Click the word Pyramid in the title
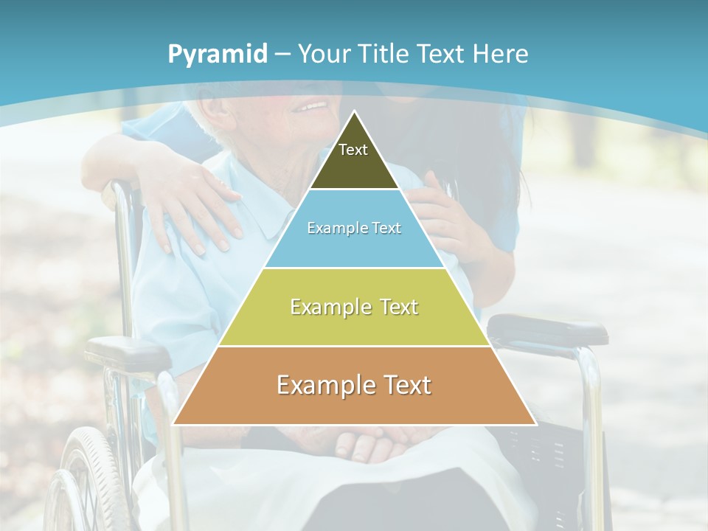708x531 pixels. (x=218, y=55)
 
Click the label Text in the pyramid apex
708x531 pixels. (x=353, y=150)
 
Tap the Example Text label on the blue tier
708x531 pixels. (x=354, y=228)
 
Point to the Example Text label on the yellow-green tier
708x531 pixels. (x=354, y=306)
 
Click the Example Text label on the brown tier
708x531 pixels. (x=354, y=384)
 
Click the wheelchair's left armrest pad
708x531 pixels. (x=125, y=352)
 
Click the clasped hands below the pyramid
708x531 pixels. (x=369, y=442)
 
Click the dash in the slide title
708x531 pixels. (x=282, y=55)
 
